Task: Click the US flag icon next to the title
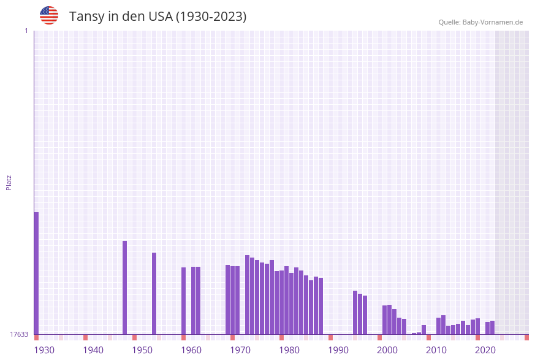[x=49, y=15]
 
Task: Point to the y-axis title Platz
[x=9, y=182]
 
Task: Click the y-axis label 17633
[x=18, y=334]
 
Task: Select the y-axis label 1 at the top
[x=26, y=31]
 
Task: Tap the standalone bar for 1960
[x=183, y=301]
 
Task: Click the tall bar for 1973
[x=247, y=294]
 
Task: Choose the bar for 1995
[x=355, y=312]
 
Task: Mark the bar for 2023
[x=492, y=327]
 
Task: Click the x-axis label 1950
[x=142, y=350]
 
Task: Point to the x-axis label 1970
[x=240, y=350]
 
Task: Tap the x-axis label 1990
[x=338, y=350]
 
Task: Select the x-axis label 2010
[x=436, y=350]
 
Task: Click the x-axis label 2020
[x=485, y=350]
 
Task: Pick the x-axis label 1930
[x=44, y=350]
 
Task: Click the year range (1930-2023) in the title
[x=211, y=17]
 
